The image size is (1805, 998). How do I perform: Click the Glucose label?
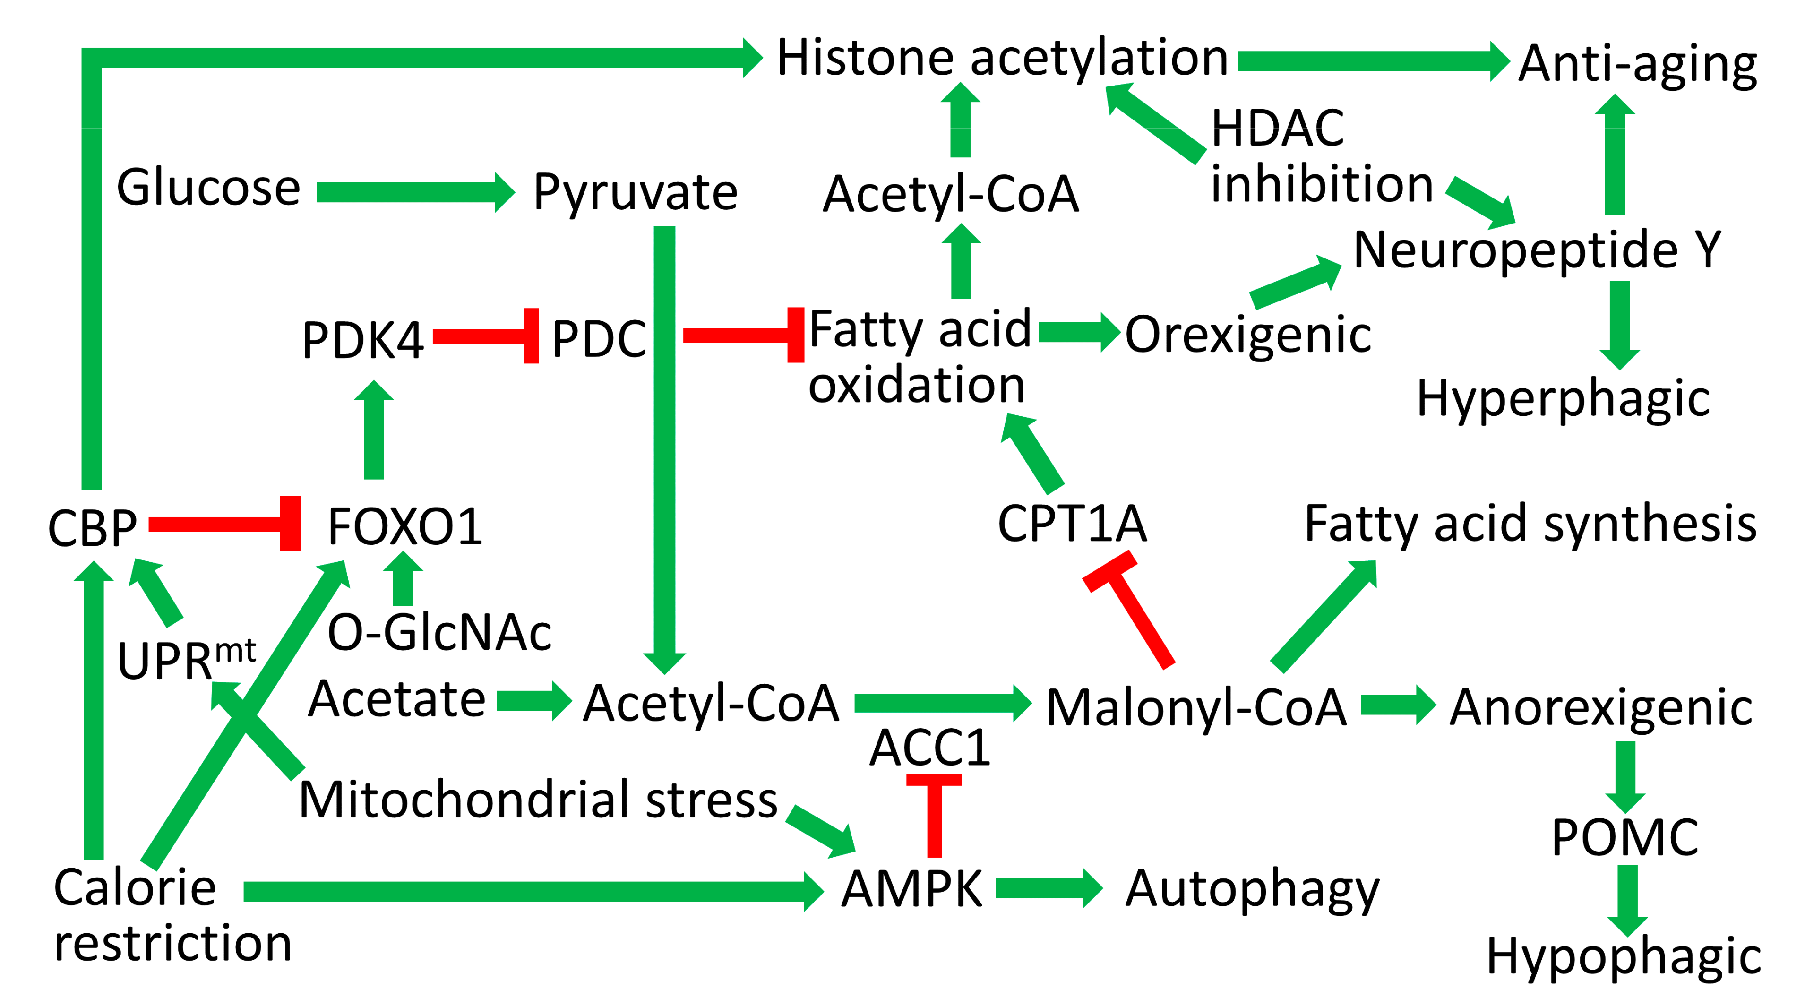click(x=208, y=188)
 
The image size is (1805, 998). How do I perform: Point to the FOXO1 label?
click(x=405, y=527)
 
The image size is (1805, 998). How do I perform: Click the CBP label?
click(x=92, y=528)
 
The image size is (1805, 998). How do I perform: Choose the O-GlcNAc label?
click(x=439, y=633)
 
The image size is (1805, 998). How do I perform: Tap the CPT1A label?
click(x=1072, y=524)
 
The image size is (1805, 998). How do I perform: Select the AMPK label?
click(x=911, y=889)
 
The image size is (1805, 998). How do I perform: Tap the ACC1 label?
click(x=930, y=748)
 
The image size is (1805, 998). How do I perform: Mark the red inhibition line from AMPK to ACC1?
click(x=934, y=817)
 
